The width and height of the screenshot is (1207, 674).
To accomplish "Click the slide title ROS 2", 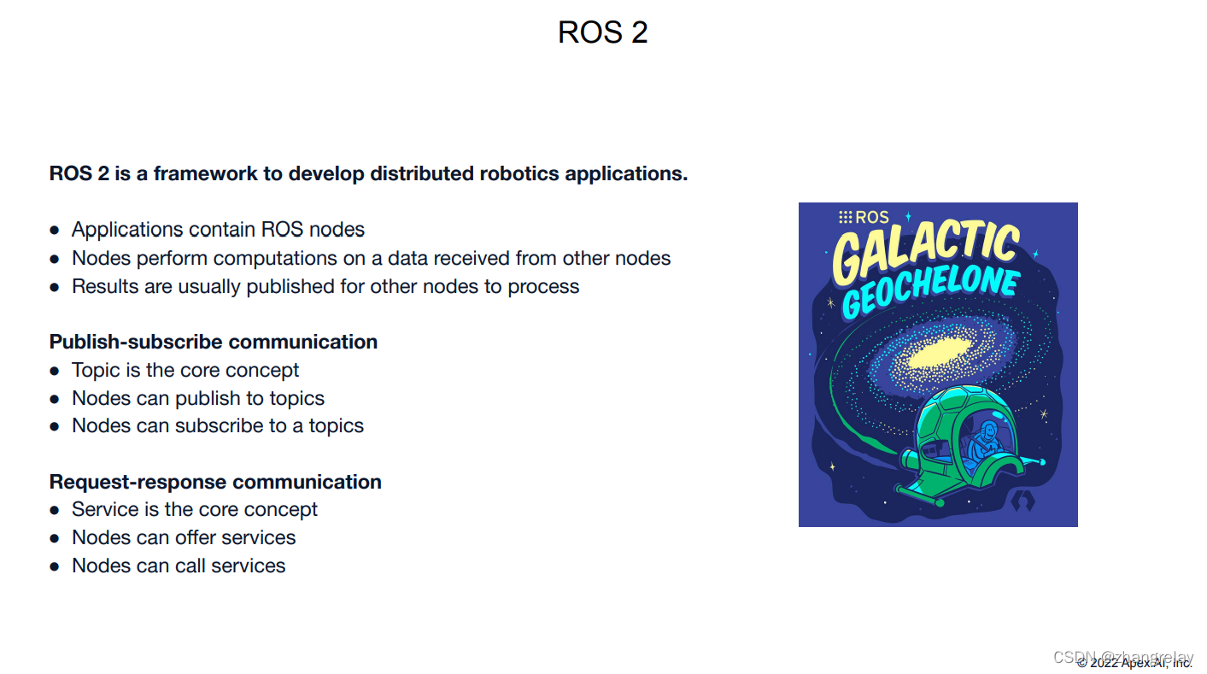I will [602, 32].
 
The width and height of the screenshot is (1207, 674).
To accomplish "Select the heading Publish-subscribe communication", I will [214, 342].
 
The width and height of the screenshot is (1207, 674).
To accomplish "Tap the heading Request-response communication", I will [215, 482].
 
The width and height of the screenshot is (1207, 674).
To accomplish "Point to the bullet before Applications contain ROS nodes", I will [55, 231].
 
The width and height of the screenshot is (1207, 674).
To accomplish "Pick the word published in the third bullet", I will [291, 286].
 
